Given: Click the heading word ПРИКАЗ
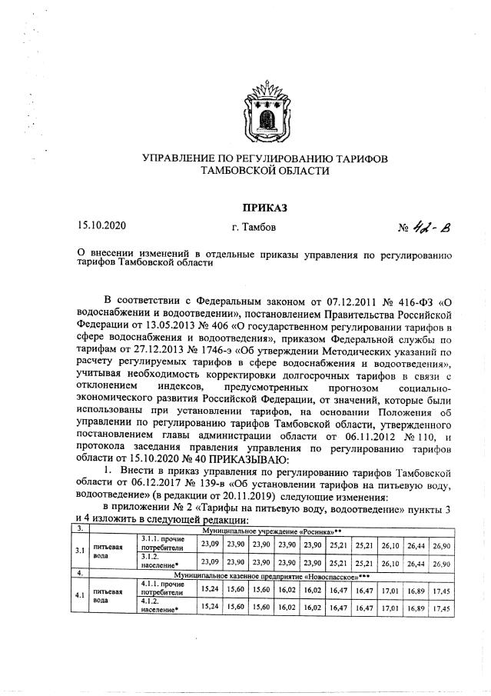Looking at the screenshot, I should click(x=264, y=208).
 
